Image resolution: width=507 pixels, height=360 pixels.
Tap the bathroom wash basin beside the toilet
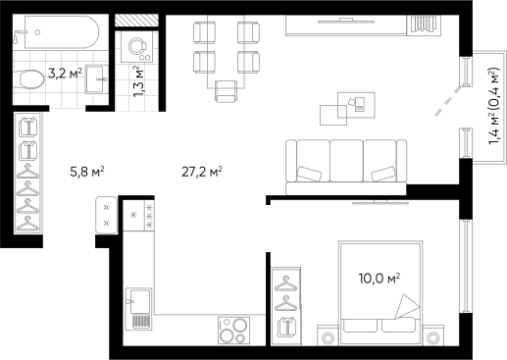point(97,77)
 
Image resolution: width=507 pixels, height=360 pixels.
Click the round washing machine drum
point(135,45)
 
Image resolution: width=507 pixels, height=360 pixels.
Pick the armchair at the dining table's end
point(227,90)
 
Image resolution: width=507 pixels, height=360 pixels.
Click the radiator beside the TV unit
point(425,24)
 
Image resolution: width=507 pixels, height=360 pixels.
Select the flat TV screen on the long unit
point(347,18)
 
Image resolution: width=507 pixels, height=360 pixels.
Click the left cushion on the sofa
point(310,175)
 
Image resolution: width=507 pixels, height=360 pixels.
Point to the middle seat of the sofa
point(346,159)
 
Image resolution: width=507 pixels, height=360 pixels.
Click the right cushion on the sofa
point(383,175)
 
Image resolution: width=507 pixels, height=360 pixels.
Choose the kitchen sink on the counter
point(138,307)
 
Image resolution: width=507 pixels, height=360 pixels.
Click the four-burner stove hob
point(233,331)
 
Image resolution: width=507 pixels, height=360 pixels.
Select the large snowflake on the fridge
point(133,215)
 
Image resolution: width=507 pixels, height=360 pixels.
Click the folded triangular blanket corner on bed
point(404,307)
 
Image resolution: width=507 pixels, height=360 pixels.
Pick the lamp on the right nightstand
point(433,337)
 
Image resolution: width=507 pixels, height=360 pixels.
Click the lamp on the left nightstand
point(328,337)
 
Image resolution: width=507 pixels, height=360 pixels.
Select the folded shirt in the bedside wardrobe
point(286,327)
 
